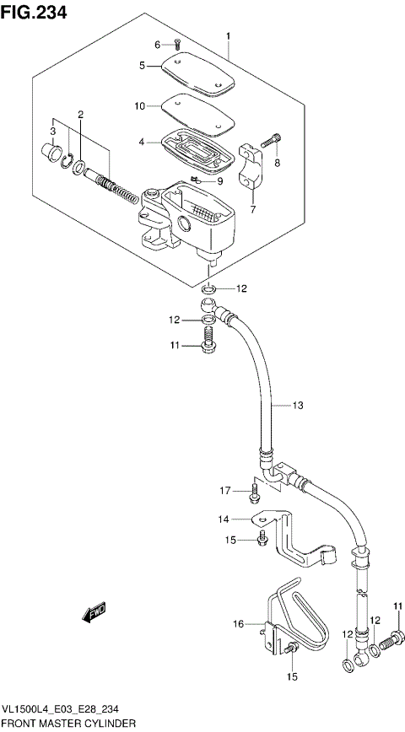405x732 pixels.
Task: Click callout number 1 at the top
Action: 227,35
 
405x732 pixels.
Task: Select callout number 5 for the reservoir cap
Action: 143,65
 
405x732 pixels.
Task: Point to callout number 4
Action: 143,143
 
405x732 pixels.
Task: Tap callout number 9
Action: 219,180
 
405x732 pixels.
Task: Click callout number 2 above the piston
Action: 81,115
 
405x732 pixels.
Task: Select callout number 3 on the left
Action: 52,131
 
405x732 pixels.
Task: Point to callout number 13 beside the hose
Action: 297,406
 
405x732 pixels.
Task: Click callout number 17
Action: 225,490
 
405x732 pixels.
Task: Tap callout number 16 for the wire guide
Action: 238,623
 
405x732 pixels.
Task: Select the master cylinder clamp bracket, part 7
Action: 251,165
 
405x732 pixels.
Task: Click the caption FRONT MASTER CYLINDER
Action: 69,724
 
